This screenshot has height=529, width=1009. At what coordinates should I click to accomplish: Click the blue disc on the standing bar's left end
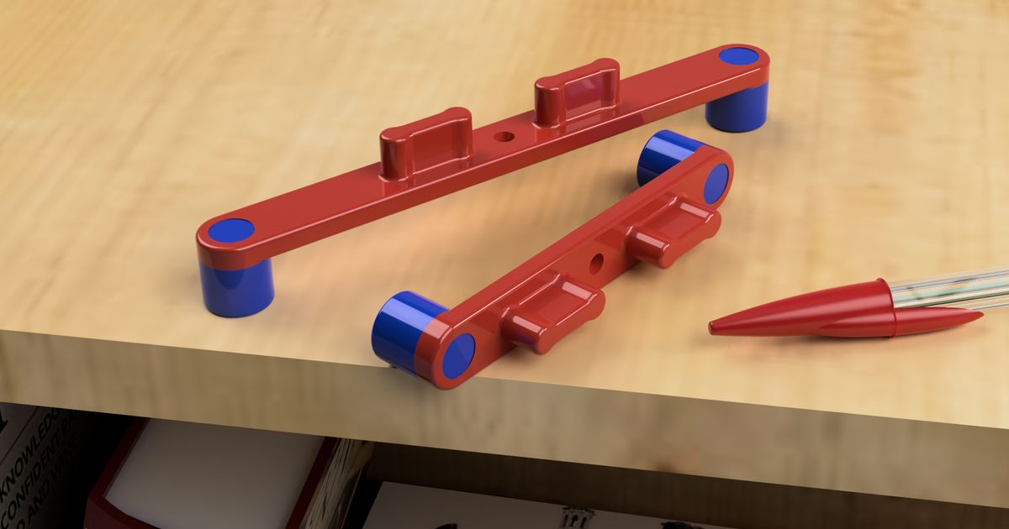point(230,230)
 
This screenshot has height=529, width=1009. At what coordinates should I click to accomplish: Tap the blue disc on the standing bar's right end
point(739,56)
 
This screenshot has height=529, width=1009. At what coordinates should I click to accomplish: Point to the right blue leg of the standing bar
point(737,109)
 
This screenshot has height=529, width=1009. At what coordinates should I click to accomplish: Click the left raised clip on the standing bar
point(425,143)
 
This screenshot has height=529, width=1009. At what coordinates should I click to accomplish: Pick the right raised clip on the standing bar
point(578,91)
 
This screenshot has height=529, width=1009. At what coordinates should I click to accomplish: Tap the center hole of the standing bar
point(504,135)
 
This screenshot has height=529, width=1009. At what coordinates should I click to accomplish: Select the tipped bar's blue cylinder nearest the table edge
point(399,330)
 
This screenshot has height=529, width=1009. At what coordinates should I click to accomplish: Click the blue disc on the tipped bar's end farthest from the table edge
point(716,183)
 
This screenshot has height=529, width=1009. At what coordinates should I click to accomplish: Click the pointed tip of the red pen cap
point(715,326)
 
